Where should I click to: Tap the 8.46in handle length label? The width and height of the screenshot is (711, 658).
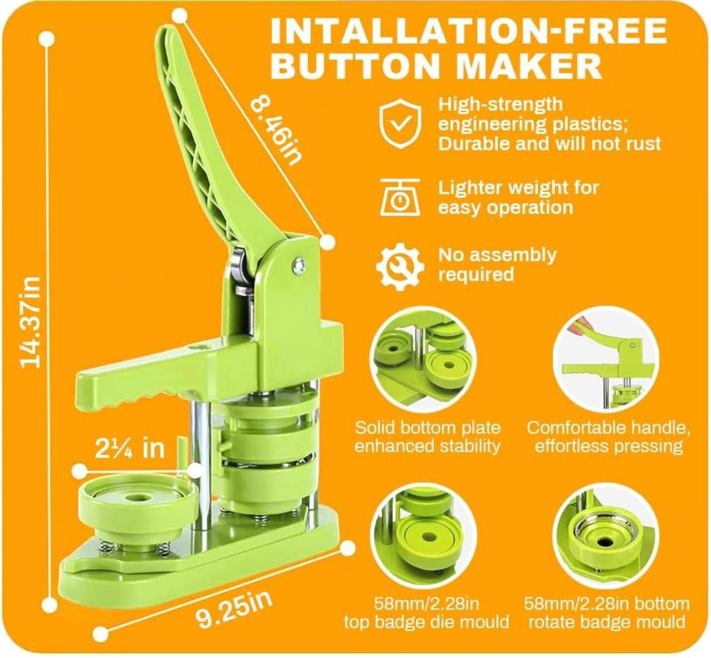tap(276, 132)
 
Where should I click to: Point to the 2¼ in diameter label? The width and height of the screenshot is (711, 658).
tap(130, 448)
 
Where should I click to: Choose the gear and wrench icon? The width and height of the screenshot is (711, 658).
tap(400, 267)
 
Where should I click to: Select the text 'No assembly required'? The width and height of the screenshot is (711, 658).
tap(498, 265)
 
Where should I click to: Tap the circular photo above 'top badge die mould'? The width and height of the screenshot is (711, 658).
tap(423, 536)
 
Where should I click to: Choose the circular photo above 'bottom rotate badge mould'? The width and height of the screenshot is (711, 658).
tap(606, 536)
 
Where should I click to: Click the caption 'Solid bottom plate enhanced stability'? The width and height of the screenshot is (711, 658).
tap(428, 437)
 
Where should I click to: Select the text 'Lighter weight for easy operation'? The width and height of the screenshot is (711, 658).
tap(518, 198)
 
